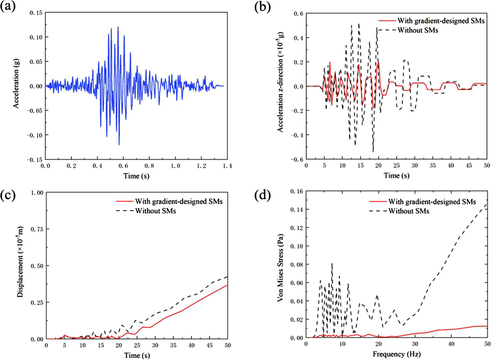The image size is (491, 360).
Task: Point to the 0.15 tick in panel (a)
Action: click(x=36, y=13)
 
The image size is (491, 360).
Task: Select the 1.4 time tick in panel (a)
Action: click(x=227, y=167)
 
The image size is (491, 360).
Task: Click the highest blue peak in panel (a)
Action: click(x=118, y=27)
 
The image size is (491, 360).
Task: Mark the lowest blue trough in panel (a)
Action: click(x=119, y=145)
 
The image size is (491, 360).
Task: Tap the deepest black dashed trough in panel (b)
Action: click(x=373, y=152)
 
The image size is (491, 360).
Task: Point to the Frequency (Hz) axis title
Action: click(x=396, y=352)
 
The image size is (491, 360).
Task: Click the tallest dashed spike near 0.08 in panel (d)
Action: click(x=332, y=263)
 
